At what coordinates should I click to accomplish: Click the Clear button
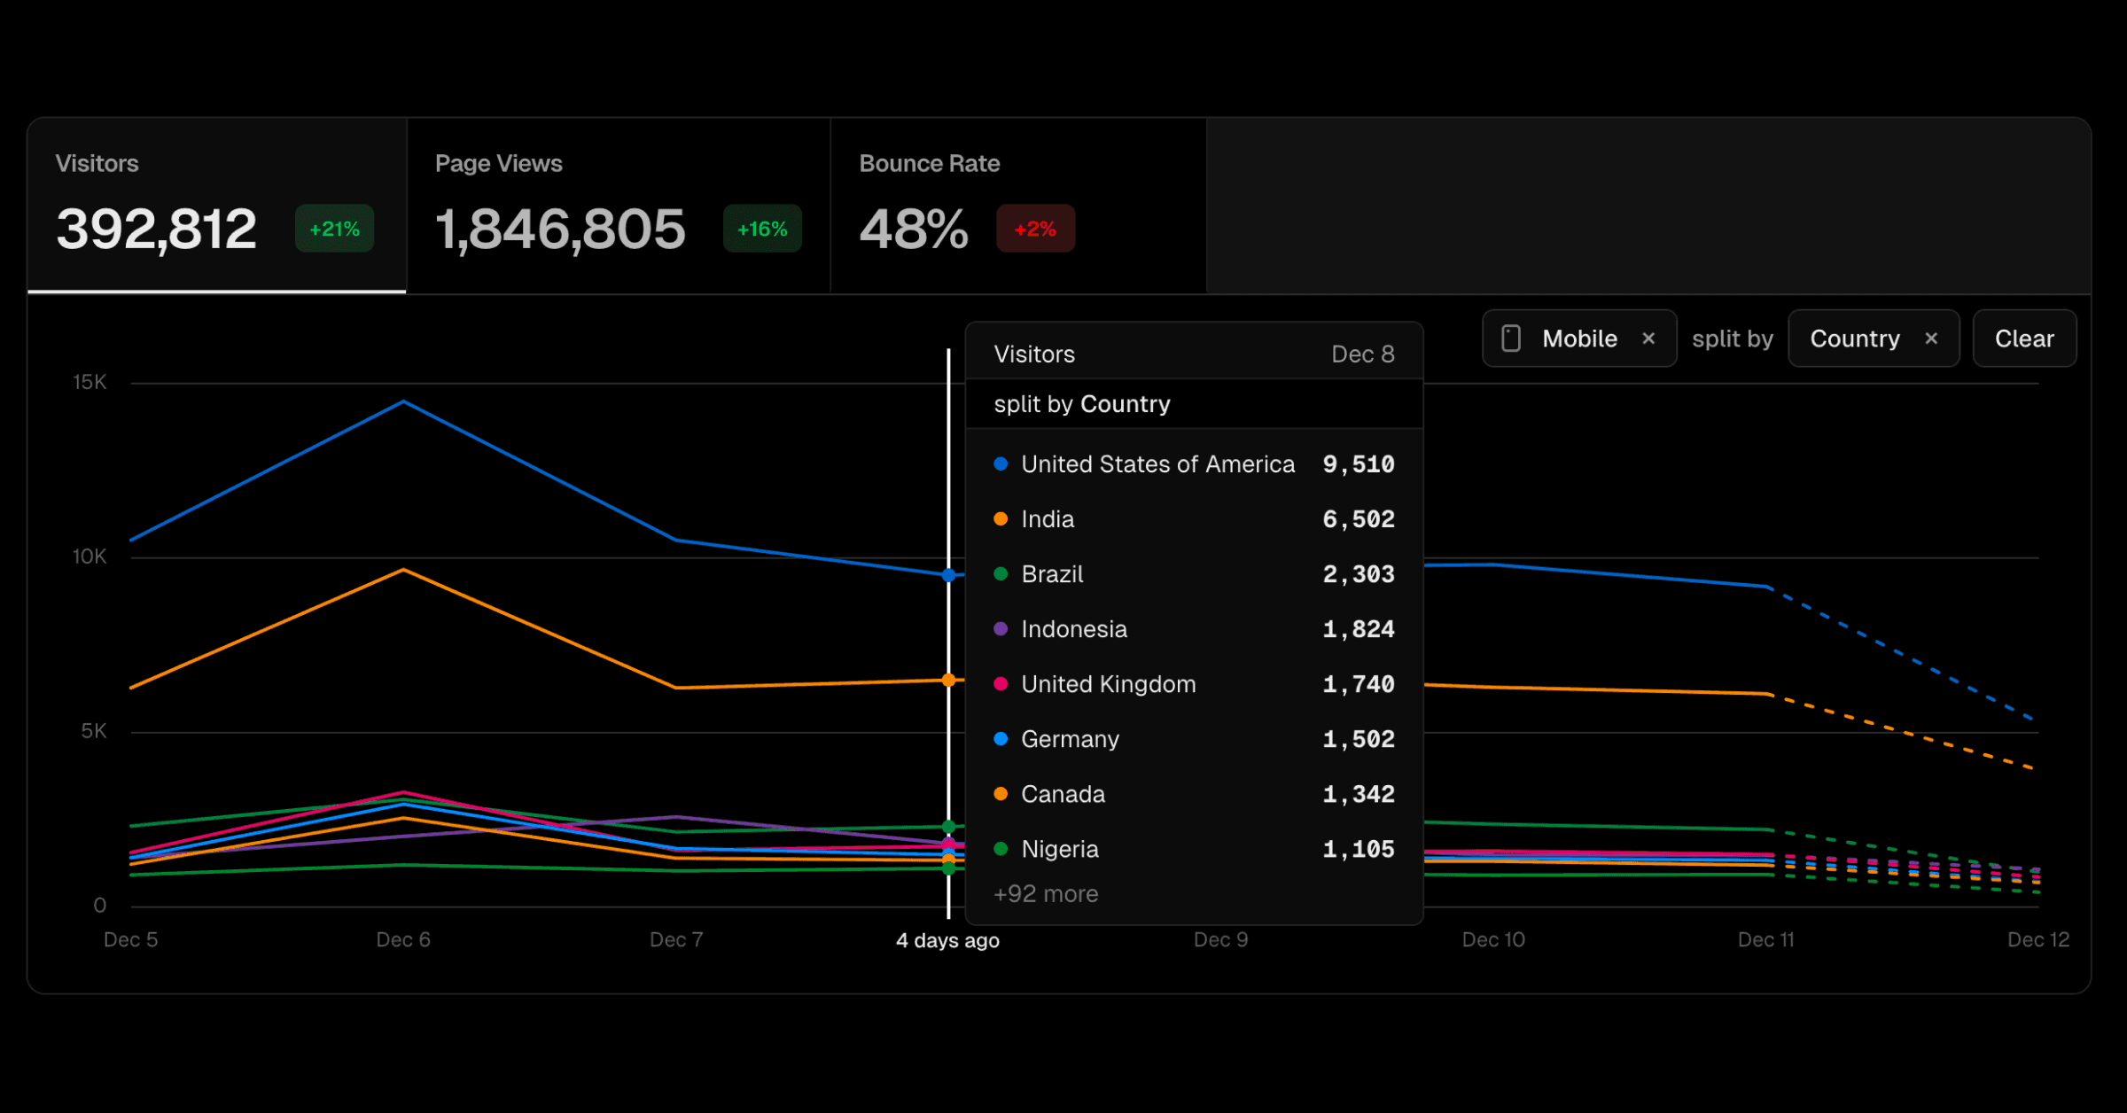2023,339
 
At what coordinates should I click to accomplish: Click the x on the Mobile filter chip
1648,339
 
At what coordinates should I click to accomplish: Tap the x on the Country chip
1931,339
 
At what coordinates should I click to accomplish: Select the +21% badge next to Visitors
334,229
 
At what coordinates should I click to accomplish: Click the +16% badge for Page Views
762,229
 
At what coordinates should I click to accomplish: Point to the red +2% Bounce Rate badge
1035,229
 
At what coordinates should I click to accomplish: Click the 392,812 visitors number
156,229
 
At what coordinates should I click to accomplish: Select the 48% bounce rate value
913,229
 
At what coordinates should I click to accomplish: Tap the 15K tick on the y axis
90,382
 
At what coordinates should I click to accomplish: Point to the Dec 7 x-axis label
676,939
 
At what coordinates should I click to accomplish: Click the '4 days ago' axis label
947,940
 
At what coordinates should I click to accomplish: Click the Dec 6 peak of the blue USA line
404,401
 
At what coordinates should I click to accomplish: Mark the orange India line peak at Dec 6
404,570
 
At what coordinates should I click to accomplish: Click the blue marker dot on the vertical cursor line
948,575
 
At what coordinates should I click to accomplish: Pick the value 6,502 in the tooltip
1358,519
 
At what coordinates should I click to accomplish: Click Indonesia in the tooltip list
1073,629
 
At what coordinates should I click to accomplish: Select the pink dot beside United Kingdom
1001,683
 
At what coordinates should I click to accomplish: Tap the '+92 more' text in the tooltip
1046,893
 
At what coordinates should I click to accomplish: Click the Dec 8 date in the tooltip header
1362,354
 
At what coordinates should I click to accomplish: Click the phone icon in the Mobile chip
1511,339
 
